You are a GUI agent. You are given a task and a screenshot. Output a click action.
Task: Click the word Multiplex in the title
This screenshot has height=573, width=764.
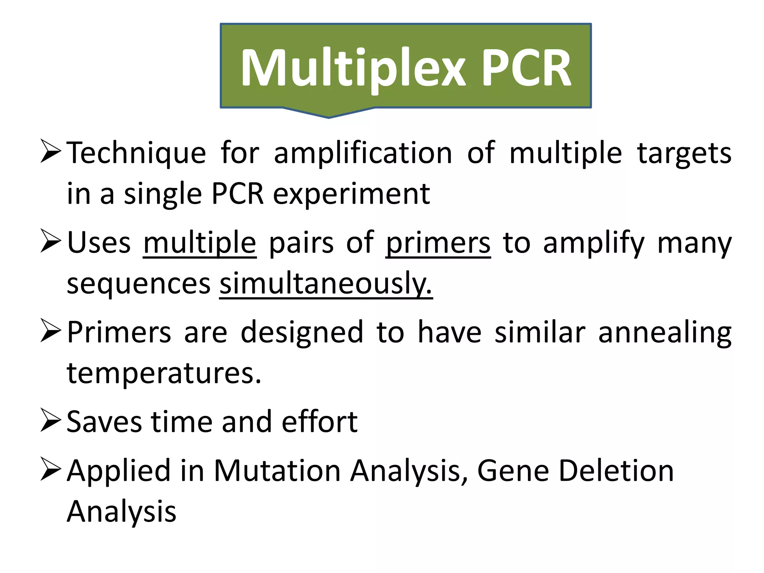click(x=353, y=68)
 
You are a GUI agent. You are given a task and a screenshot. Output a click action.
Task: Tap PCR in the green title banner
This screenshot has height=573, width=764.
click(x=526, y=68)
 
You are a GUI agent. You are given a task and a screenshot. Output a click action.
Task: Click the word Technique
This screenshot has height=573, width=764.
click(x=137, y=153)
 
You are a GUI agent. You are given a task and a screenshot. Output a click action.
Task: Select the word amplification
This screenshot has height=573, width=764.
click(x=363, y=153)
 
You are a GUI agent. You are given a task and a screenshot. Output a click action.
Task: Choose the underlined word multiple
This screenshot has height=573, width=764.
click(x=200, y=243)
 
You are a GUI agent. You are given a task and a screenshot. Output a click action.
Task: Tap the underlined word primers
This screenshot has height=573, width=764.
click(x=438, y=243)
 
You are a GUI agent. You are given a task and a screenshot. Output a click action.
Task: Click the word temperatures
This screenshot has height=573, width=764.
click(x=164, y=373)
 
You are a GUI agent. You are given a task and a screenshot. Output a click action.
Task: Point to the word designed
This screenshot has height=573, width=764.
click(x=302, y=332)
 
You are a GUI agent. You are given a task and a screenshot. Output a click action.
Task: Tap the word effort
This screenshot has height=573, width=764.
click(x=320, y=422)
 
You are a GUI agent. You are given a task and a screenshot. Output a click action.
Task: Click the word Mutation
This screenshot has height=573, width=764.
click(x=277, y=471)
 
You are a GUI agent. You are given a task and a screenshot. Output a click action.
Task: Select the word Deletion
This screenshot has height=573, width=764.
click(x=616, y=471)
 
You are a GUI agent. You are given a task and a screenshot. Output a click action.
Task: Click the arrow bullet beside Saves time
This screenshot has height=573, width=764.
click(x=50, y=420)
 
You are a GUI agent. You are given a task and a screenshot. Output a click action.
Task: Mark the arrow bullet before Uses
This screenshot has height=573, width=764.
click(x=50, y=241)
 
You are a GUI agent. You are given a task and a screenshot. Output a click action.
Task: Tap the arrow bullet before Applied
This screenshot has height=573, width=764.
click(x=50, y=469)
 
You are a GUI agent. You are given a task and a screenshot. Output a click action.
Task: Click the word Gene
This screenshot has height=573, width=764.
click(x=513, y=471)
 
